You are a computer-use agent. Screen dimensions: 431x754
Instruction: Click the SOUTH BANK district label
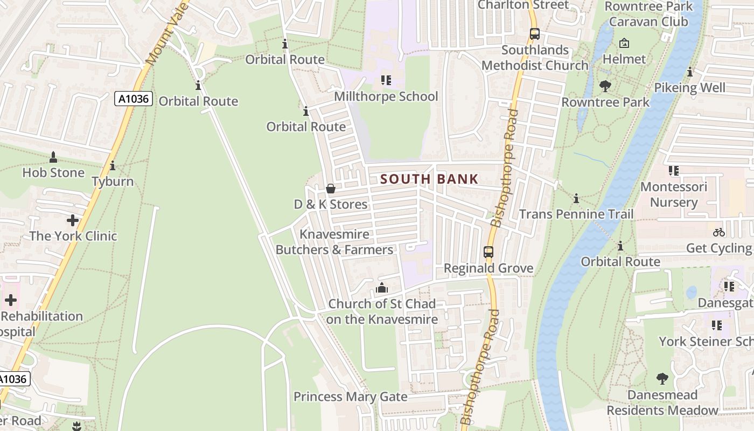pos(429,179)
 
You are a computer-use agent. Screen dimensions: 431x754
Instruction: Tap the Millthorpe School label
pos(386,96)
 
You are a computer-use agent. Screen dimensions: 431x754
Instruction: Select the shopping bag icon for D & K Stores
pos(331,189)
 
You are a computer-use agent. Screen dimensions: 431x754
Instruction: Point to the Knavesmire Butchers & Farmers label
pos(334,242)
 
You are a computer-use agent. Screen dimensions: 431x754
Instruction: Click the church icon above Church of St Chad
pos(382,288)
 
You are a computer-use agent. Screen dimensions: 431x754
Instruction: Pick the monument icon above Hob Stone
pos(53,157)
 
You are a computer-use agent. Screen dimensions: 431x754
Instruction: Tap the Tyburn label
pos(113,181)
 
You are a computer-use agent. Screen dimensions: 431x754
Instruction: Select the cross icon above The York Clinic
pos(73,220)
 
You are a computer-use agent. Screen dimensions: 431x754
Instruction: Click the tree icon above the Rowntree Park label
pos(605,86)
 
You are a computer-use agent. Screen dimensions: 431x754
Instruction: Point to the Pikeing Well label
pos(690,88)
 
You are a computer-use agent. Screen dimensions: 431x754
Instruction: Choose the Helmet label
pos(624,59)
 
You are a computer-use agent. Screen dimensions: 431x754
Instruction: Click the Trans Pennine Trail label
pos(576,214)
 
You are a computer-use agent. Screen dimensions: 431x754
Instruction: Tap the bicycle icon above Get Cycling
pos(719,232)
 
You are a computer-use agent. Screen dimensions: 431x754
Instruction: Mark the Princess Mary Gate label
pos(350,397)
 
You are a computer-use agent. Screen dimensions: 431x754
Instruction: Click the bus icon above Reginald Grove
pos(488,252)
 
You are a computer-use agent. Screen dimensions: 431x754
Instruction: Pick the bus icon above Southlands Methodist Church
pos(535,34)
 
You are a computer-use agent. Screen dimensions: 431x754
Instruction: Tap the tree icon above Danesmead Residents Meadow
pos(662,379)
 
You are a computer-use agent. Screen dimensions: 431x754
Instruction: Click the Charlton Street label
pos(523,5)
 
